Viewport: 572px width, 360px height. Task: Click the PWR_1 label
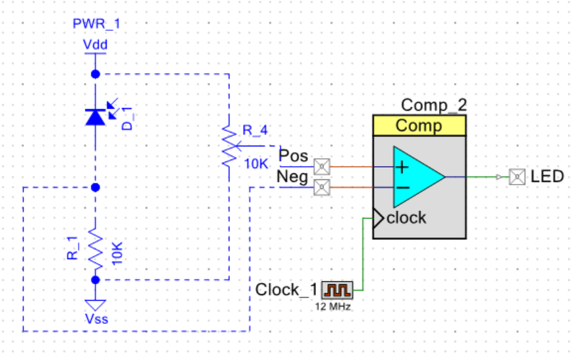coord(96,24)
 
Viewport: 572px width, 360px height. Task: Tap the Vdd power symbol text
coord(95,45)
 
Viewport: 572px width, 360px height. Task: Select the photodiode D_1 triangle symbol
coord(96,117)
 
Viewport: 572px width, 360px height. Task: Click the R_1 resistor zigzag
coord(96,249)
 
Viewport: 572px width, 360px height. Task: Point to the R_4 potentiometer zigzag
coord(230,146)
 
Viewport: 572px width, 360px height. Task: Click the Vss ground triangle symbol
coord(96,305)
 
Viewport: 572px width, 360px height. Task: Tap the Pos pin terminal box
coord(322,167)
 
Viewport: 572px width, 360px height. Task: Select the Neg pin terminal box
coord(322,187)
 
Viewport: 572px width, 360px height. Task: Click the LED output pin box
coord(517,177)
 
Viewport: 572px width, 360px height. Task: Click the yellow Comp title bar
coord(419,125)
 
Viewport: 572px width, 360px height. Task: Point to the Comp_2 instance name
coord(433,105)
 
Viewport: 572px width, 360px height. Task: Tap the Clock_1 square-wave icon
coord(336,290)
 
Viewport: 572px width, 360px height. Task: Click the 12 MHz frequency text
coord(333,307)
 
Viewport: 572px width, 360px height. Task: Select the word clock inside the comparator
coord(406,218)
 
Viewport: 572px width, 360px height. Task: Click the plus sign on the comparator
coord(402,167)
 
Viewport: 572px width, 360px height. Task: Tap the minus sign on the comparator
coord(402,188)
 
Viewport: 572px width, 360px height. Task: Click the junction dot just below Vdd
coord(96,75)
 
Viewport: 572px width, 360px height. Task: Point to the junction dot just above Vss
coord(96,280)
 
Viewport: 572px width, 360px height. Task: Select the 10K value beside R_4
coord(256,164)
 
